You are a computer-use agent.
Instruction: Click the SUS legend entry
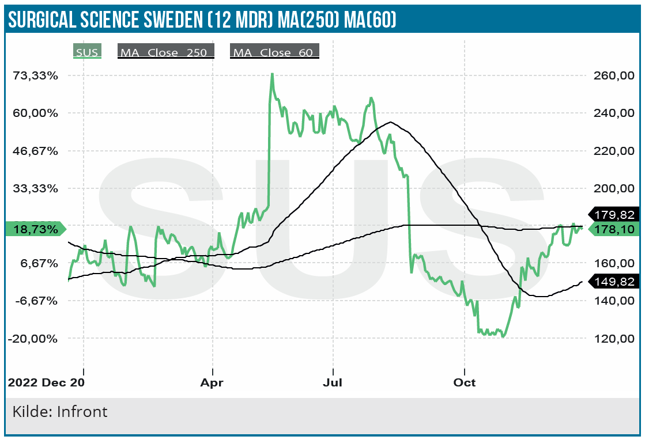click(x=88, y=52)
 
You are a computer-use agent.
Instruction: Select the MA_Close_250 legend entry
click(x=166, y=52)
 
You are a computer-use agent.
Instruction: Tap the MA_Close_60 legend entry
click(x=274, y=52)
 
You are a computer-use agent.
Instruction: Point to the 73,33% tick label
click(x=37, y=75)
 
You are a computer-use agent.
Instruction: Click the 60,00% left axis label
click(x=37, y=113)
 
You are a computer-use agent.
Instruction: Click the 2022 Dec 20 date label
click(x=46, y=382)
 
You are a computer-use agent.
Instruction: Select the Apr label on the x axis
click(x=213, y=382)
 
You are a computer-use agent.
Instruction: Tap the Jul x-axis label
click(x=333, y=382)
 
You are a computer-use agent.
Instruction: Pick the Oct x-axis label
click(x=464, y=382)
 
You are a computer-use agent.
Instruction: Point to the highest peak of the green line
click(x=272, y=74)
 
